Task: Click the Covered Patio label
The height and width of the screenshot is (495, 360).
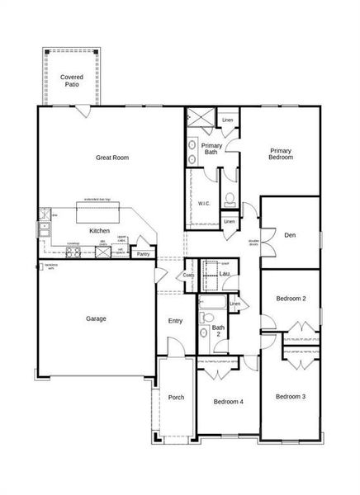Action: [71, 80]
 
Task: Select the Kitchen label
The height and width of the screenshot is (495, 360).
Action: [100, 230]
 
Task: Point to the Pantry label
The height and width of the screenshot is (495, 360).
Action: [144, 255]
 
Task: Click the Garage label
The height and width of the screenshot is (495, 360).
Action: [96, 318]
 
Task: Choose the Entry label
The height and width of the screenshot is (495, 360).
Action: [175, 321]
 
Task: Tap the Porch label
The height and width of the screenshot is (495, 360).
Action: [176, 397]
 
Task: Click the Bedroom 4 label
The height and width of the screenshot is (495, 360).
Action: [228, 402]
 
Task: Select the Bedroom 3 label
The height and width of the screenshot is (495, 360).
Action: [291, 397]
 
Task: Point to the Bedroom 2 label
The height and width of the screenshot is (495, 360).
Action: [291, 298]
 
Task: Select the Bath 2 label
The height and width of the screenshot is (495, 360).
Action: [218, 332]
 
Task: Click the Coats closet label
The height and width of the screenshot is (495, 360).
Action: [189, 276]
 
